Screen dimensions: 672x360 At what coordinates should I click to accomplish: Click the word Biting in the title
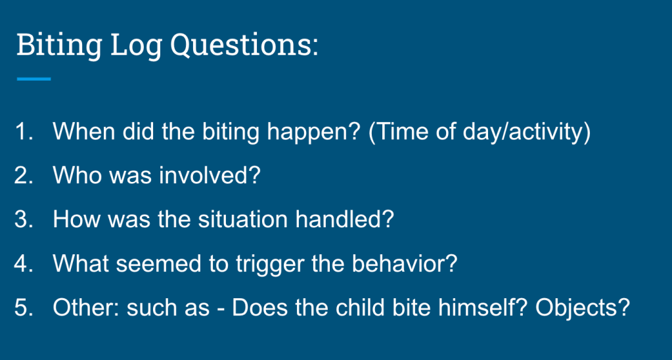[x=59, y=45]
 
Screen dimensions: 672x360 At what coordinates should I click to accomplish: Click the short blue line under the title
[x=34, y=79]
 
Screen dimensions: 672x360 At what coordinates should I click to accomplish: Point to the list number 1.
[x=23, y=131]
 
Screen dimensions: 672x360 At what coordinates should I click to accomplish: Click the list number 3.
[x=23, y=219]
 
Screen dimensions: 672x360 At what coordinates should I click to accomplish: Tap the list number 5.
[x=23, y=307]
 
